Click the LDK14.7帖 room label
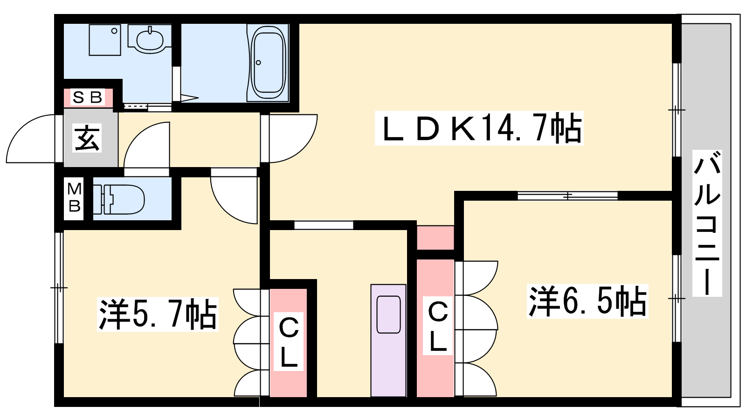pyautogui.click(x=479, y=129)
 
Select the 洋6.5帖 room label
pyautogui.click(x=587, y=301)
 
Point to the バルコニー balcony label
pyautogui.click(x=707, y=223)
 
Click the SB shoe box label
pyautogui.click(x=88, y=98)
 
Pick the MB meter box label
pyautogui.click(x=74, y=197)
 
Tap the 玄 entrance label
pyautogui.click(x=88, y=139)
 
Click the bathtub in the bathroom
pyautogui.click(x=268, y=62)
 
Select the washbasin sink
pyautogui.click(x=150, y=39)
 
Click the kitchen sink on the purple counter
pyautogui.click(x=388, y=315)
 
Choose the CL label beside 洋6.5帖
pyautogui.click(x=438, y=327)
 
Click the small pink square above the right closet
pyautogui.click(x=435, y=238)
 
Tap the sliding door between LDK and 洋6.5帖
pyautogui.click(x=567, y=196)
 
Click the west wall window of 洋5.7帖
pyautogui.click(x=59, y=287)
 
